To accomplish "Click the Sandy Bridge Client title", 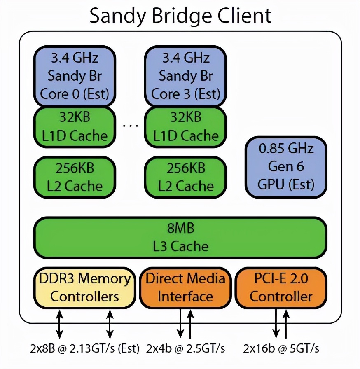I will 180,16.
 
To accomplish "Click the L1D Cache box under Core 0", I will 74,126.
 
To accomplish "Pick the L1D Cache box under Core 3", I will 185,126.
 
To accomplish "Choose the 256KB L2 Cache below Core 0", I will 74,177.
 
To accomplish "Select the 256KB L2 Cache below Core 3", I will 185,177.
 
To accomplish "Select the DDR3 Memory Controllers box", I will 84,287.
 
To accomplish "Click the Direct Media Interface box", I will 185,287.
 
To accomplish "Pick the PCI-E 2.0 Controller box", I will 281,287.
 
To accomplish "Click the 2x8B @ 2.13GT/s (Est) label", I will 84,348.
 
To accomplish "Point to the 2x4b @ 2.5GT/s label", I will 185,348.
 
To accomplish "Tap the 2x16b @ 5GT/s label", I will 281,348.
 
